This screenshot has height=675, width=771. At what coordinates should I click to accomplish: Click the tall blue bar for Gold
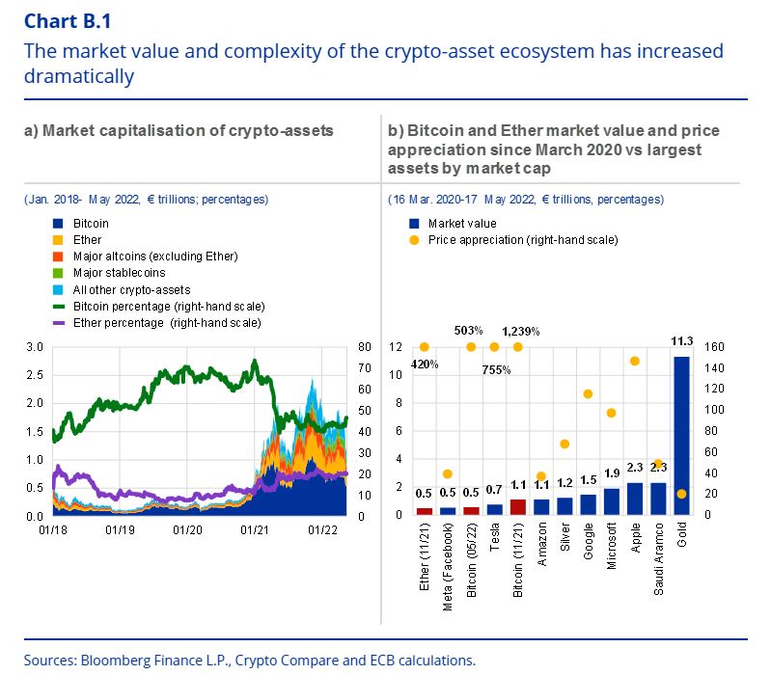681,434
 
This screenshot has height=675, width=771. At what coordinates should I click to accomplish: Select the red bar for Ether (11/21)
424,510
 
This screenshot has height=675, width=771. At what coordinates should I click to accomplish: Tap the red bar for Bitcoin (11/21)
517,506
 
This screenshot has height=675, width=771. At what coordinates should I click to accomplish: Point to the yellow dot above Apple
635,361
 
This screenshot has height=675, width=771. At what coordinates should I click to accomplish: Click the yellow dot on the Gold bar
681,494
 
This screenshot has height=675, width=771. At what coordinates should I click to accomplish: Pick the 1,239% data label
521,332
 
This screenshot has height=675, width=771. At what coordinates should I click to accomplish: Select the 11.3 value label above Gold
681,340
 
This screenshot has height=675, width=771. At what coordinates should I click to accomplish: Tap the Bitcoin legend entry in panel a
91,223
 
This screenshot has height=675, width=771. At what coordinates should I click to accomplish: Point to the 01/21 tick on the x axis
254,529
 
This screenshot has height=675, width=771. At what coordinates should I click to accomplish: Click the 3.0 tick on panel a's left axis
35,346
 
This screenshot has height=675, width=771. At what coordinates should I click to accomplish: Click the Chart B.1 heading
59,20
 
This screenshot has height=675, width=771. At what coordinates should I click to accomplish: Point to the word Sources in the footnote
50,661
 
